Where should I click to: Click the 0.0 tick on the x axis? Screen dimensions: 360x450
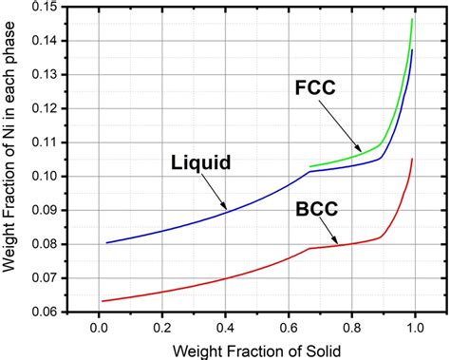(x=99, y=328)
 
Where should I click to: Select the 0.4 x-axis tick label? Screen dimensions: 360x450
(x=225, y=328)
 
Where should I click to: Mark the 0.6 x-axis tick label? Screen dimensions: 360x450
(x=289, y=328)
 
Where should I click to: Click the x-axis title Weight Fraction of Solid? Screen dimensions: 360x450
(x=256, y=349)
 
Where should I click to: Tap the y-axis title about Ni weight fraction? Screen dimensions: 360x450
(x=13, y=160)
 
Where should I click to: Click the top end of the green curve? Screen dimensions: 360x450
(x=412, y=19)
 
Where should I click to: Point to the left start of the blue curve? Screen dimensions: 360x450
(x=106, y=242)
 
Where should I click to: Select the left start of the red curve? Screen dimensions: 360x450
(x=101, y=301)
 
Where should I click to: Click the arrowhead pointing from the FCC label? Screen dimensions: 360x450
(x=362, y=152)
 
